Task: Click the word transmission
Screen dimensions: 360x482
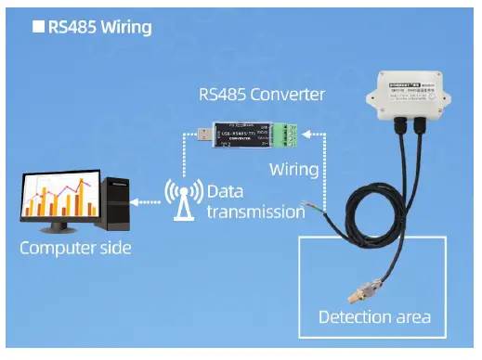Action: point(254,212)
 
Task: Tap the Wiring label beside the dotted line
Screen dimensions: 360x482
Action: point(293,171)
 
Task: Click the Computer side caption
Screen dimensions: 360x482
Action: point(75,248)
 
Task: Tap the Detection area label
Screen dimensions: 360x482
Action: point(374,317)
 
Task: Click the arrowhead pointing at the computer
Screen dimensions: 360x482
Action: point(137,200)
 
